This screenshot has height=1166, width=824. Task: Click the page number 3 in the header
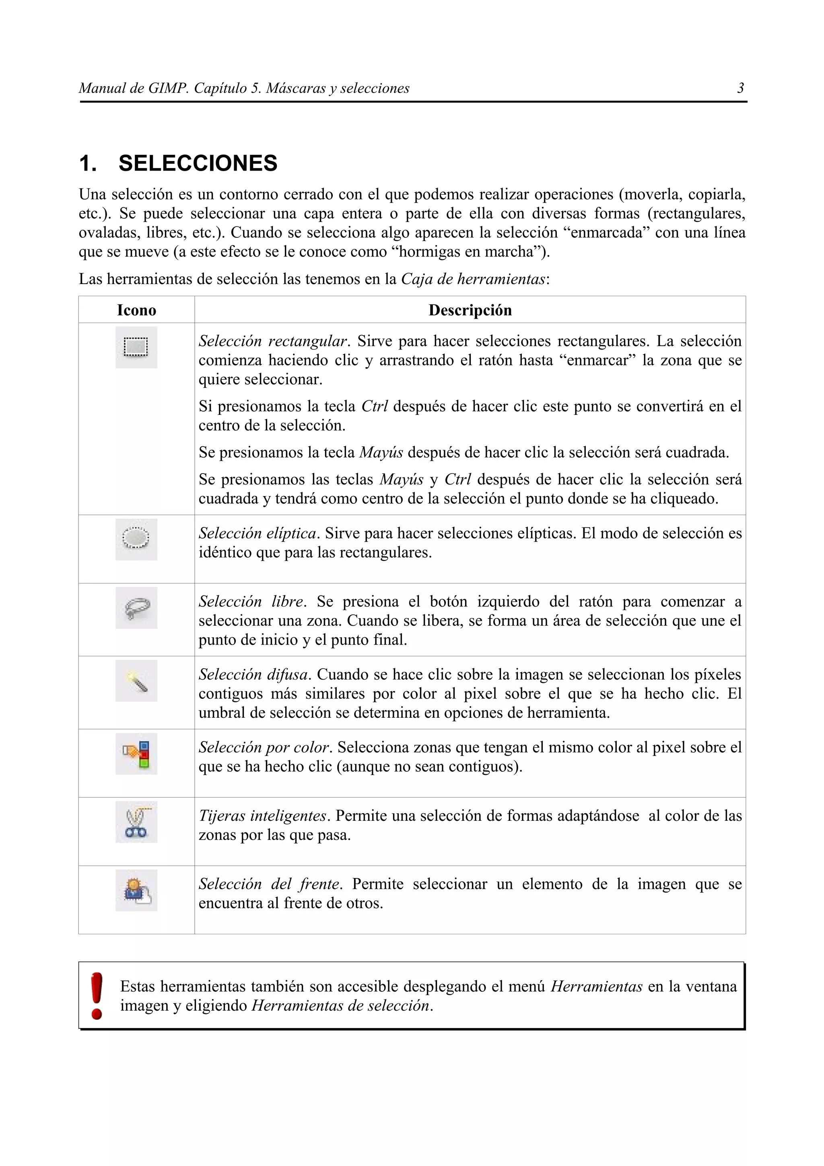click(x=740, y=89)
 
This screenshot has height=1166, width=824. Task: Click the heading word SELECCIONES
click(x=198, y=163)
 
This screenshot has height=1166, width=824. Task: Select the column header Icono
click(x=136, y=310)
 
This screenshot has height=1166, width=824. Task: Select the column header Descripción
click(x=470, y=310)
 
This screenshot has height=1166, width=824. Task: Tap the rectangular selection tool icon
click(x=136, y=347)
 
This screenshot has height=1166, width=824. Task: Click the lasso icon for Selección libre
click(x=136, y=608)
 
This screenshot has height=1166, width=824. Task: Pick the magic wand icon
click(x=136, y=681)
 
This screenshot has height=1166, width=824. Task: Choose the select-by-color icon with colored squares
click(x=136, y=754)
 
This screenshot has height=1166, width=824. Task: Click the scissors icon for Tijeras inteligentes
click(x=136, y=822)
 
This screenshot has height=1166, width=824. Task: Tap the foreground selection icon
click(x=136, y=890)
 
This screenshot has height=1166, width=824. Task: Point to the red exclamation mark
click(x=97, y=996)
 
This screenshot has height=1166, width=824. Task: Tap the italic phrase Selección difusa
click(x=254, y=674)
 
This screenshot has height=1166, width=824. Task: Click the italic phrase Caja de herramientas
click(x=473, y=279)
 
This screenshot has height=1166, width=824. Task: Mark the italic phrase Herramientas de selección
click(x=341, y=1005)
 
